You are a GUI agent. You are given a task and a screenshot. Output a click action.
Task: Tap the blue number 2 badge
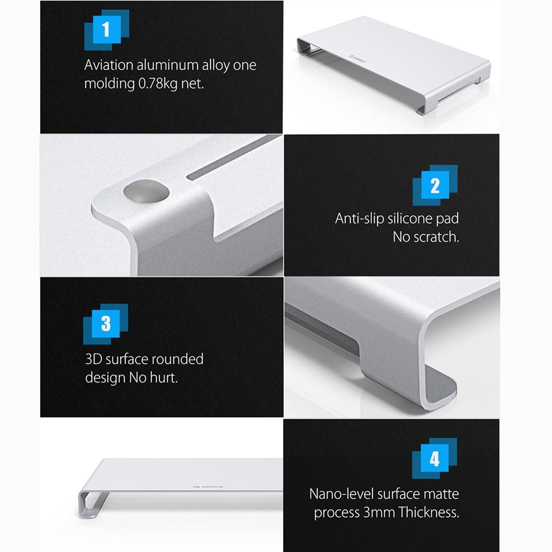coord(435,186)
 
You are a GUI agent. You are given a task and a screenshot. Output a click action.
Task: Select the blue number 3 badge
coord(106,324)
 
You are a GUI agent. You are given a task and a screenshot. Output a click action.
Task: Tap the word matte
coord(442,494)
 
